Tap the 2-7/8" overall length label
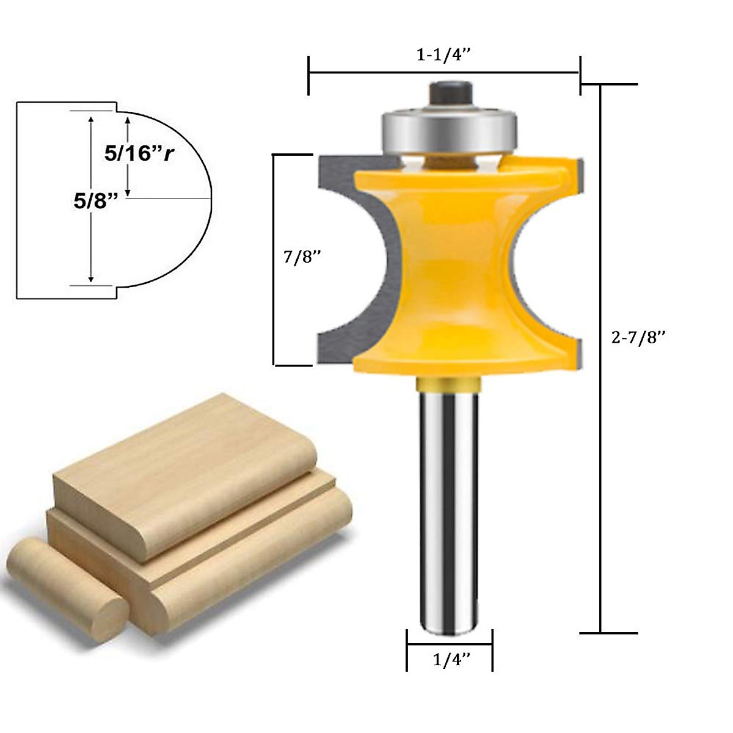[x=638, y=337]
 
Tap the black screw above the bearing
[x=450, y=93]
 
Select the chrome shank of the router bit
[x=448, y=513]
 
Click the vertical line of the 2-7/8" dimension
[x=601, y=366]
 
